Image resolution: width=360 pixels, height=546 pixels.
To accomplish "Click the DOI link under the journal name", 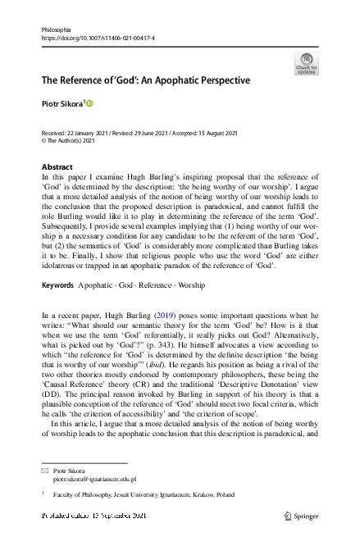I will pyautogui.click(x=98, y=39).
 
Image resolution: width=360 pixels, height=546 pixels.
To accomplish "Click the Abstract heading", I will pyautogui.click(x=57, y=167).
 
